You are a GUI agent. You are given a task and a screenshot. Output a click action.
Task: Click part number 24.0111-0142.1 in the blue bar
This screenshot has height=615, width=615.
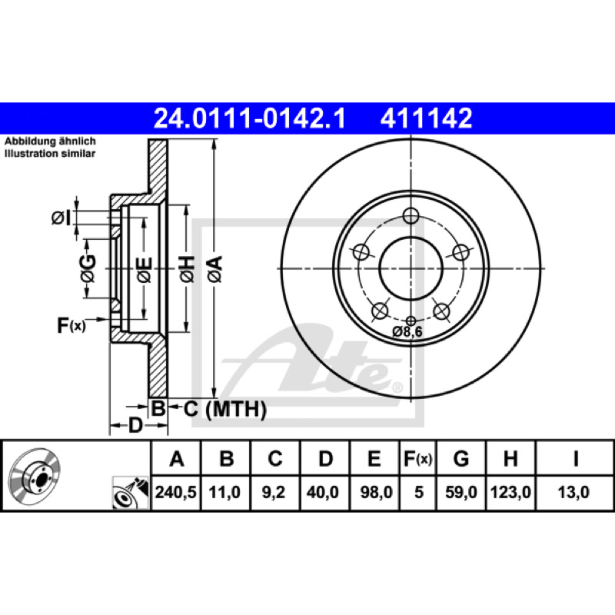tap(250, 118)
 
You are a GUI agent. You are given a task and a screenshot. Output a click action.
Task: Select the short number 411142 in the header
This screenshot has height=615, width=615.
tap(426, 118)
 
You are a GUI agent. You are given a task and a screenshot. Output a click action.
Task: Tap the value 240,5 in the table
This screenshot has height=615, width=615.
tap(176, 492)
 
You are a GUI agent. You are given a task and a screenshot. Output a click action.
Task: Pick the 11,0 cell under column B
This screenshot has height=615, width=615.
tap(224, 492)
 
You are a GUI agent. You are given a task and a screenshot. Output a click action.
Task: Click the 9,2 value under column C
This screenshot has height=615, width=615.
tap(274, 492)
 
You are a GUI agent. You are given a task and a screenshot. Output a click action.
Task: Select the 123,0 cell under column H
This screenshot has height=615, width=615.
tap(510, 492)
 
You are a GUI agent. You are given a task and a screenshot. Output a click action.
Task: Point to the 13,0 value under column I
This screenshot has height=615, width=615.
tap(573, 492)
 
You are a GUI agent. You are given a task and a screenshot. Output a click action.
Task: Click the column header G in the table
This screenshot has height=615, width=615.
tap(461, 458)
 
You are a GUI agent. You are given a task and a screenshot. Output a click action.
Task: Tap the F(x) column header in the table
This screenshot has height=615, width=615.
tap(418, 458)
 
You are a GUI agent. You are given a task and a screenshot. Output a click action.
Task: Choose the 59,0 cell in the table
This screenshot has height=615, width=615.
tap(461, 492)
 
